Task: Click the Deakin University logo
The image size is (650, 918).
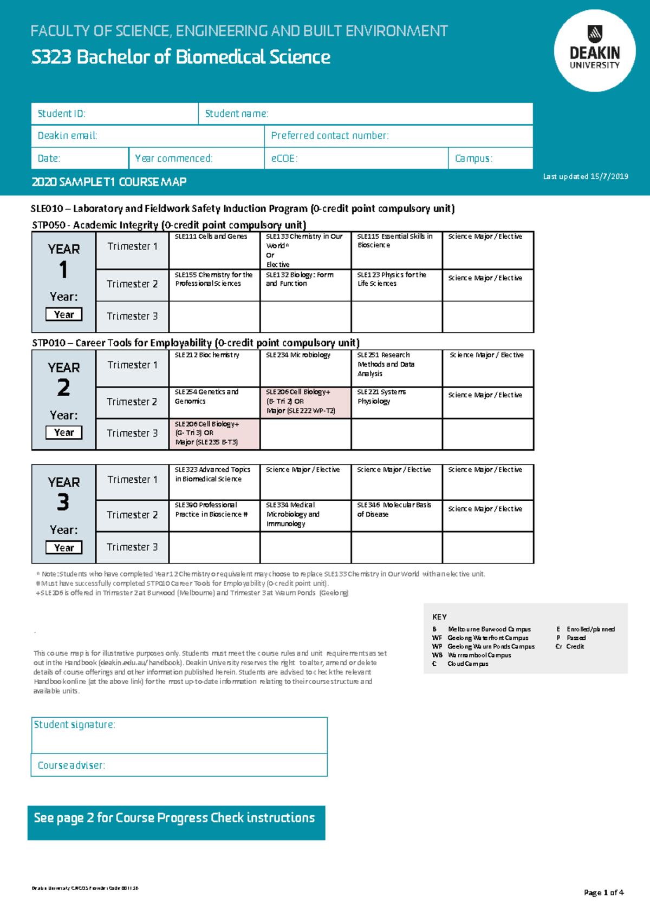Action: pyautogui.click(x=595, y=50)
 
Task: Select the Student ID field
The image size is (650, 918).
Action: pyautogui.click(x=115, y=114)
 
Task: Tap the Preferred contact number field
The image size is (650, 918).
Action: pyautogui.click(x=398, y=136)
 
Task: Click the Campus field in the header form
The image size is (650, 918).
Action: pyautogui.click(x=490, y=158)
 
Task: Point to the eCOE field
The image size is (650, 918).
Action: pyautogui.click(x=356, y=158)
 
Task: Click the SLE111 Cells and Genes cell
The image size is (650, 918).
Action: pyautogui.click(x=214, y=250)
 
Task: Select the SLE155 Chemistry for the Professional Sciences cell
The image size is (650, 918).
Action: pyautogui.click(x=214, y=285)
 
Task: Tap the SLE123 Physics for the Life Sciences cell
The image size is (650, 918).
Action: pyautogui.click(x=396, y=285)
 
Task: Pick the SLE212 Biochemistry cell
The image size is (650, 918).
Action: pyautogui.click(x=214, y=368)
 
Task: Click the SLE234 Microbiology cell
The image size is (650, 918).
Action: pyautogui.click(x=305, y=368)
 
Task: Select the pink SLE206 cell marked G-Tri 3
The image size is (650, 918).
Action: pyautogui.click(x=214, y=434)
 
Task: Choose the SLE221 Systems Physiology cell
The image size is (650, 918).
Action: pyautogui.click(x=396, y=402)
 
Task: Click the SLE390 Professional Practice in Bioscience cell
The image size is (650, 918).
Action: pyautogui.click(x=214, y=515)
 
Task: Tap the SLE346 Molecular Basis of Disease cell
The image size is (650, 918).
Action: pyautogui.click(x=396, y=515)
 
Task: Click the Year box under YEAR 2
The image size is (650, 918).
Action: pyautogui.click(x=64, y=432)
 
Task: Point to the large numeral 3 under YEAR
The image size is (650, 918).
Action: pyautogui.click(x=63, y=502)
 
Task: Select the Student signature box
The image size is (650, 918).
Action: pyautogui.click(x=179, y=735)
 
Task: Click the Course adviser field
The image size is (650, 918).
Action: pyautogui.click(x=179, y=765)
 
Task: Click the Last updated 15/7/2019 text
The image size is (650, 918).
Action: pyautogui.click(x=586, y=176)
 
